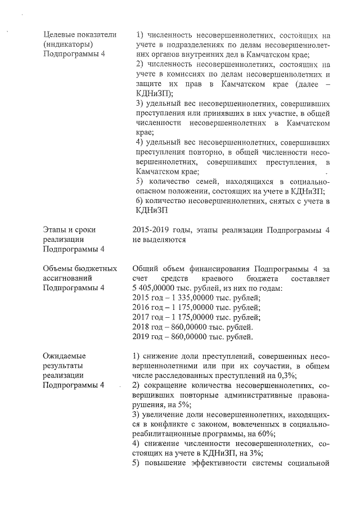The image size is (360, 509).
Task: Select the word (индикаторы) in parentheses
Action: (68, 44)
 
